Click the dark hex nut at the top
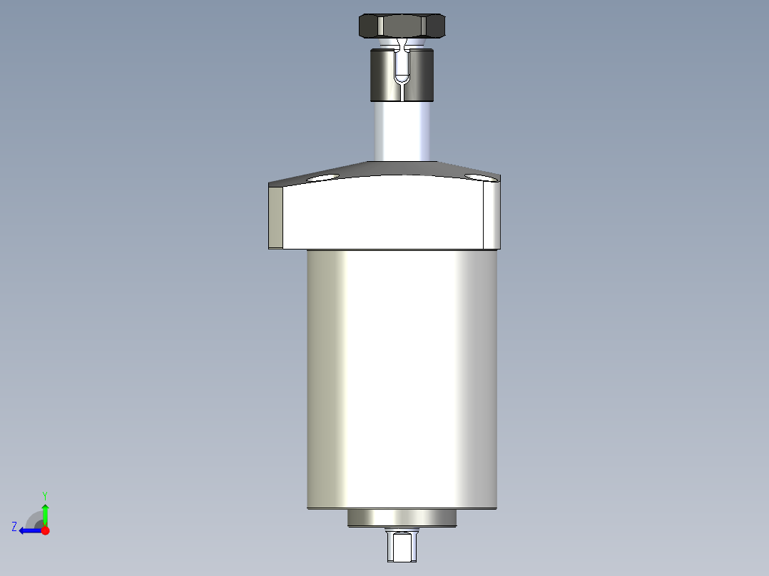pyautogui.click(x=402, y=26)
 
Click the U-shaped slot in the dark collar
pyautogui.click(x=402, y=67)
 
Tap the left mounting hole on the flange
pyautogui.click(x=322, y=178)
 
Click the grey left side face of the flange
pyautogui.click(x=275, y=217)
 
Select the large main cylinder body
pyautogui.click(x=402, y=378)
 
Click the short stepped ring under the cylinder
pyautogui.click(x=402, y=519)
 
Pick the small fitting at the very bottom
pyautogui.click(x=402, y=545)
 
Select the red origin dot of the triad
pyautogui.click(x=46, y=530)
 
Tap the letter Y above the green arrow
pyautogui.click(x=45, y=495)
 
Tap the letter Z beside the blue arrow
pyautogui.click(x=14, y=527)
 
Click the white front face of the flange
pyautogui.click(x=385, y=214)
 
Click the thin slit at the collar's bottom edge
pyautogui.click(x=402, y=93)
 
